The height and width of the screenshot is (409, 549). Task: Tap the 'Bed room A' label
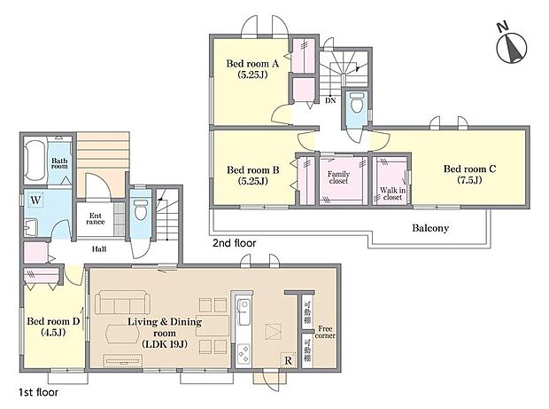[252, 69]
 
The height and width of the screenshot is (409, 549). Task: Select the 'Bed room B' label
[252, 175]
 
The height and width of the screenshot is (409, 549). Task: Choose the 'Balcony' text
[430, 228]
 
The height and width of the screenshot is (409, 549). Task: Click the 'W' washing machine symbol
[35, 199]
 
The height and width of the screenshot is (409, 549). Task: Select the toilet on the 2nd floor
[357, 105]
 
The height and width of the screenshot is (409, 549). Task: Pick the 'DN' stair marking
[329, 100]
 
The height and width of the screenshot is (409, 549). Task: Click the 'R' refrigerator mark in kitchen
[288, 361]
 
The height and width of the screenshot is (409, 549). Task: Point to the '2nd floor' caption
[235, 241]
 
